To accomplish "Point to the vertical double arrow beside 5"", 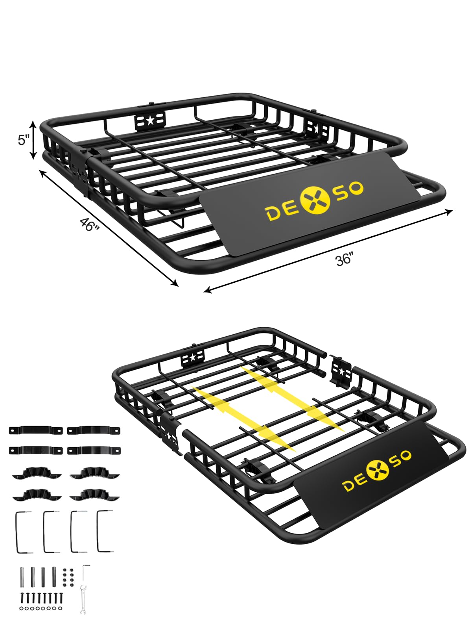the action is [x=33, y=140].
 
